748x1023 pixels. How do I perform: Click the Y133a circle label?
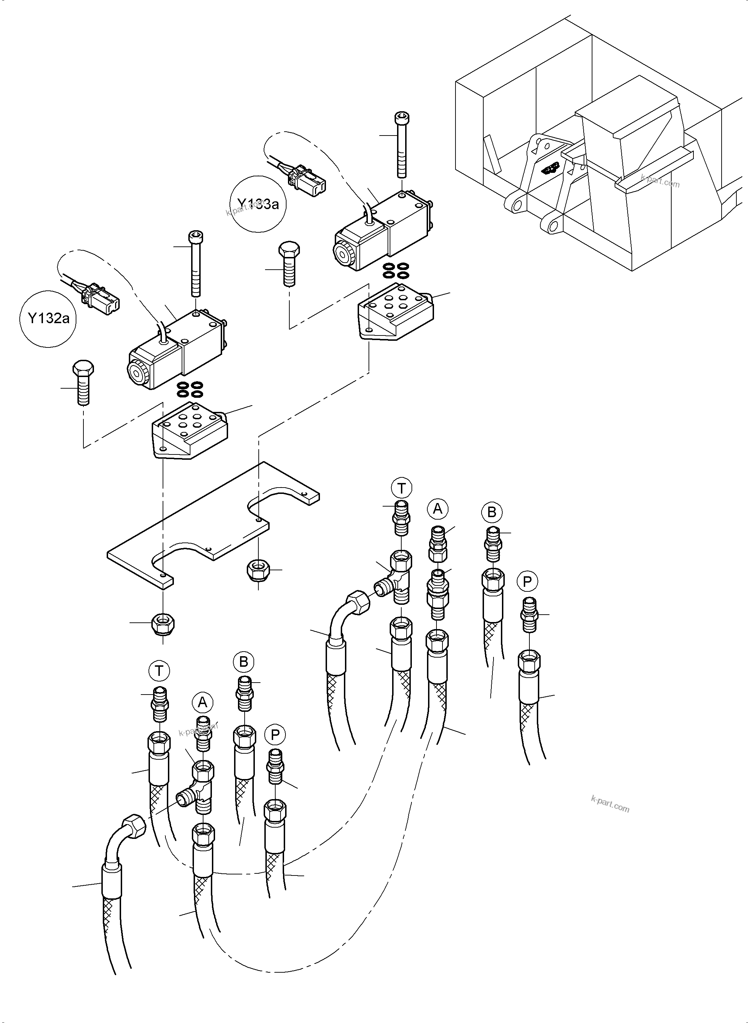(x=258, y=204)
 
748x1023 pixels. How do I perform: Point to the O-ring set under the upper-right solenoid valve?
(x=396, y=270)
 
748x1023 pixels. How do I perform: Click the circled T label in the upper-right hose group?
(x=401, y=489)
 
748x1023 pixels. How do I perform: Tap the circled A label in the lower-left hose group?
(x=202, y=702)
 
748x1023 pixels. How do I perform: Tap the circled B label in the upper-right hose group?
(x=492, y=513)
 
